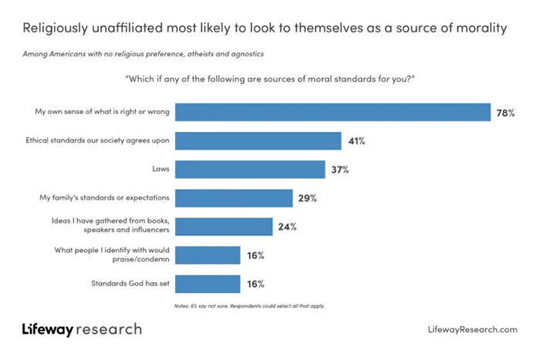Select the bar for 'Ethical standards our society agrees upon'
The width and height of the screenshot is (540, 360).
(258, 141)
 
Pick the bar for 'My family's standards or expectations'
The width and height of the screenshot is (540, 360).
(234, 198)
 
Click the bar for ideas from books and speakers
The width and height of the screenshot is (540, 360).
(224, 227)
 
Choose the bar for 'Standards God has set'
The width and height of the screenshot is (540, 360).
(208, 284)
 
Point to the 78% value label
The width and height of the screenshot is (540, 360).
(505, 113)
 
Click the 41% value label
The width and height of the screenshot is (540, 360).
(356, 141)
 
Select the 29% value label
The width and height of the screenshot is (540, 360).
(307, 198)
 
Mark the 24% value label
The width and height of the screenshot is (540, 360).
(287, 227)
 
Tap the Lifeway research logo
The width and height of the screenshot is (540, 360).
(82, 329)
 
